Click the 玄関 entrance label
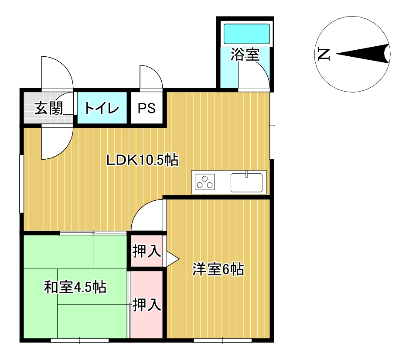[49, 108]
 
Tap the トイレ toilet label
[102, 108]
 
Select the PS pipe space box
[147, 108]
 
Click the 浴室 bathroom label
[245, 55]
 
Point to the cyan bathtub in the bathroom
[246, 34]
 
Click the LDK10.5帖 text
[143, 160]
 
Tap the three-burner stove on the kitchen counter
[205, 182]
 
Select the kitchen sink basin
[246, 182]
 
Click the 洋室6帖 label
[218, 269]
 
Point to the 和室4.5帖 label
[75, 287]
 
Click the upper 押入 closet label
[147, 251]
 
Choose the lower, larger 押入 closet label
[147, 305]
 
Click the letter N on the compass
[324, 54]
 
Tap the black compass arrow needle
[363, 54]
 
